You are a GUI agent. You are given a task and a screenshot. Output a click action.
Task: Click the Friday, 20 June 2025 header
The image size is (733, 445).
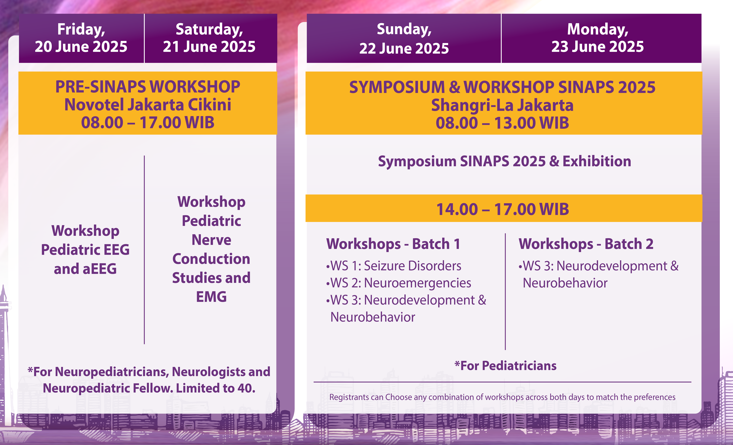click(x=81, y=38)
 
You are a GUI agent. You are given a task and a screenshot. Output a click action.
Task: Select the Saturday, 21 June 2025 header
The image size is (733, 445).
click(x=209, y=38)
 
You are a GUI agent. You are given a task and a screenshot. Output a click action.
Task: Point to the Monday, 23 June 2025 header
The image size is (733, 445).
click(x=598, y=38)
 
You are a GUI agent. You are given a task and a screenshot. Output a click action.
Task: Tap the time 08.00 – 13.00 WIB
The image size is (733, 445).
click(x=502, y=123)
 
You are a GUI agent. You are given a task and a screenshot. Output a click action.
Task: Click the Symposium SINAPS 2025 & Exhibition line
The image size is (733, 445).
click(x=504, y=161)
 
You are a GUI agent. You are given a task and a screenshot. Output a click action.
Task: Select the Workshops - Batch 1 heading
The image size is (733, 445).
click(x=393, y=244)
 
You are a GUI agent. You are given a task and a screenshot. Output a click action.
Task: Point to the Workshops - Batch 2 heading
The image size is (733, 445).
click(x=586, y=244)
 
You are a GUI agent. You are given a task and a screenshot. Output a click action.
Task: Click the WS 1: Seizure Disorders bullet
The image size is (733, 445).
click(x=394, y=266)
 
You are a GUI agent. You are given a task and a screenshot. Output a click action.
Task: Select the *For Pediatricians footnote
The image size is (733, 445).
click(x=505, y=365)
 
